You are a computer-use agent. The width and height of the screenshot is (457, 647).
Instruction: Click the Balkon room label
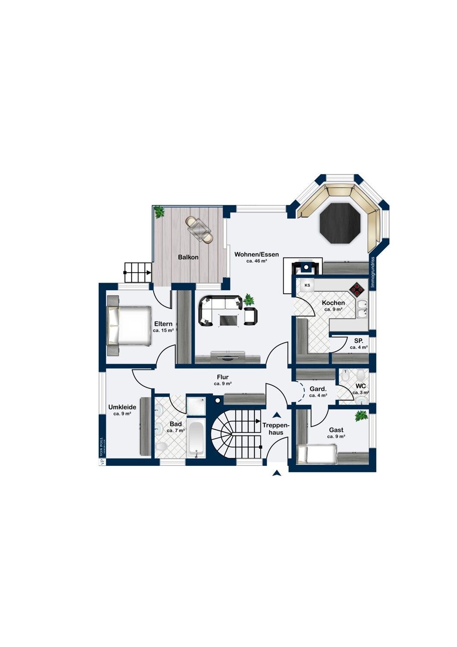(x=188, y=257)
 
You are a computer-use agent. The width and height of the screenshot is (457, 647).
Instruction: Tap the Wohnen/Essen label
(x=257, y=254)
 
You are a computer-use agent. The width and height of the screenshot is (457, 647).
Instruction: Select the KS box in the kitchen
(x=307, y=286)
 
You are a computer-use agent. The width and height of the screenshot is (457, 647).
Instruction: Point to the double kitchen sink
(x=362, y=309)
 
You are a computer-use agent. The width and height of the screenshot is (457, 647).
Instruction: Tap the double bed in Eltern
(x=129, y=326)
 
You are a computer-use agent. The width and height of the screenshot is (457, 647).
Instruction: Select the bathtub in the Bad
(x=196, y=440)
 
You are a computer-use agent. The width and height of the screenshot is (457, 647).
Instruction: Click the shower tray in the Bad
(x=196, y=406)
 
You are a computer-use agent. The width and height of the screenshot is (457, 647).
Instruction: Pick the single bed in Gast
(x=317, y=454)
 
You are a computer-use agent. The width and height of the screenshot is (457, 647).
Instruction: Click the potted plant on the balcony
(x=159, y=212)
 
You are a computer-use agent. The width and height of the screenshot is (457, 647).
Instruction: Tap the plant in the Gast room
(x=361, y=416)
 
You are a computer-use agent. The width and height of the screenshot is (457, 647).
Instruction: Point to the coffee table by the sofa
(x=228, y=320)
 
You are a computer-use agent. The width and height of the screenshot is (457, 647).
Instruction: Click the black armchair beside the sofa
(x=250, y=316)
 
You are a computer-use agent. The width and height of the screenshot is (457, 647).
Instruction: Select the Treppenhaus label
(x=275, y=429)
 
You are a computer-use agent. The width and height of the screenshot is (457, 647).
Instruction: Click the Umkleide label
(x=122, y=407)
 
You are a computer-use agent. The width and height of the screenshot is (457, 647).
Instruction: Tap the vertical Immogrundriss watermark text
(x=372, y=272)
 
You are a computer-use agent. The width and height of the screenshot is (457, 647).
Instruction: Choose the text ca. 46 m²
(x=257, y=261)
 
